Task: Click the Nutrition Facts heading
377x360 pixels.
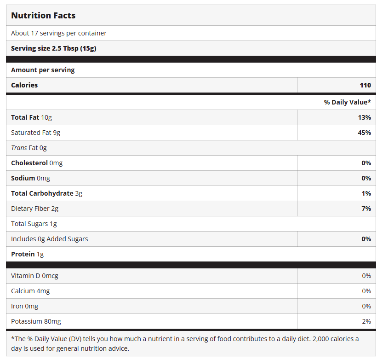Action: pyautogui.click(x=43, y=16)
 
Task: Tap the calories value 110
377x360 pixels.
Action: pyautogui.click(x=365, y=85)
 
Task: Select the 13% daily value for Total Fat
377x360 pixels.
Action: pyautogui.click(x=364, y=117)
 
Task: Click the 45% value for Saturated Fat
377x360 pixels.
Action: pyautogui.click(x=364, y=133)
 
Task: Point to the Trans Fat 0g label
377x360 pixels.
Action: pyautogui.click(x=29, y=148)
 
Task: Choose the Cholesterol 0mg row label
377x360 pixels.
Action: pyautogui.click(x=37, y=163)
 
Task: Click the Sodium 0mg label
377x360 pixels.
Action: pyautogui.click(x=30, y=178)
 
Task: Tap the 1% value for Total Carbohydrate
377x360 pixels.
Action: pyautogui.click(x=366, y=193)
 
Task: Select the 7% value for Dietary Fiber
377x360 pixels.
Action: pyautogui.click(x=366, y=209)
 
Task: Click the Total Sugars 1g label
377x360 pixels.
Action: pyautogui.click(x=34, y=224)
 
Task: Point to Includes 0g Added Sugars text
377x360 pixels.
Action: pyautogui.click(x=50, y=239)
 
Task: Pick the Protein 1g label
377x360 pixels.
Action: pyautogui.click(x=28, y=254)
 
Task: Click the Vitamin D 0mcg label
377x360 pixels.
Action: pyautogui.click(x=34, y=276)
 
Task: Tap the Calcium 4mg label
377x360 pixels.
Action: pyautogui.click(x=30, y=291)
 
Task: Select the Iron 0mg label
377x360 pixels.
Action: pyautogui.click(x=25, y=306)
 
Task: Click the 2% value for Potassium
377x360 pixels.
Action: pyautogui.click(x=366, y=321)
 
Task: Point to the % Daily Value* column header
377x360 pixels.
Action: pyautogui.click(x=347, y=102)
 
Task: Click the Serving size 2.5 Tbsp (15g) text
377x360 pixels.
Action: pyautogui.click(x=53, y=48)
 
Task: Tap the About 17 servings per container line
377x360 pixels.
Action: pyautogui.click(x=59, y=33)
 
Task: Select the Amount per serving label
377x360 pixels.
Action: pyautogui.click(x=43, y=70)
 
